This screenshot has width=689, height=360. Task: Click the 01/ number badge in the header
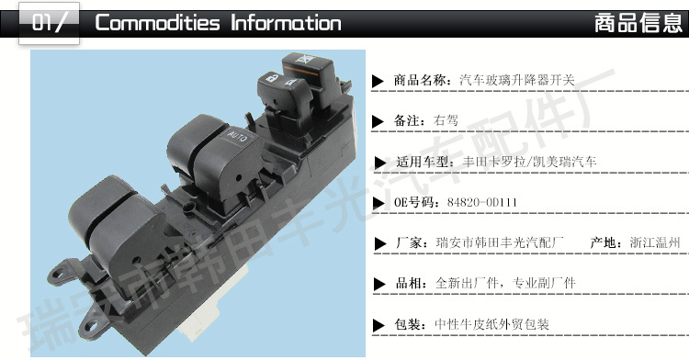[49, 23]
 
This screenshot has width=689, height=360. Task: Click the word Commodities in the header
[157, 23]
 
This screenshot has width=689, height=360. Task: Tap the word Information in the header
[286, 23]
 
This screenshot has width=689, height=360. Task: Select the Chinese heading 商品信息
[638, 23]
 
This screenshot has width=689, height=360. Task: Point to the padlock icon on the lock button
[272, 79]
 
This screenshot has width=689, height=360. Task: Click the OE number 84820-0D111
[482, 202]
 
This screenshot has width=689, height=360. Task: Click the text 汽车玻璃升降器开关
[517, 80]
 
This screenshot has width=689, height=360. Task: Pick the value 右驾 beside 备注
[446, 120]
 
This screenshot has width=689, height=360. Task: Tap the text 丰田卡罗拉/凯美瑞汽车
[529, 162]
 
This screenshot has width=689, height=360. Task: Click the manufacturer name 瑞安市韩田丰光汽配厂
[500, 242]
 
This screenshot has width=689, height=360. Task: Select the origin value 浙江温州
[655, 242]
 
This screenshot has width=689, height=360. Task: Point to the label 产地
[603, 242]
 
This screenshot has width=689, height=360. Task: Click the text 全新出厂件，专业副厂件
[505, 283]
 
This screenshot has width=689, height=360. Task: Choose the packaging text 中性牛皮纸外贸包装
[491, 324]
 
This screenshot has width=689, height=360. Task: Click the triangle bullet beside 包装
[378, 325]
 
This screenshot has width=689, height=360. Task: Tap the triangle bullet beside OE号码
[378, 203]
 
